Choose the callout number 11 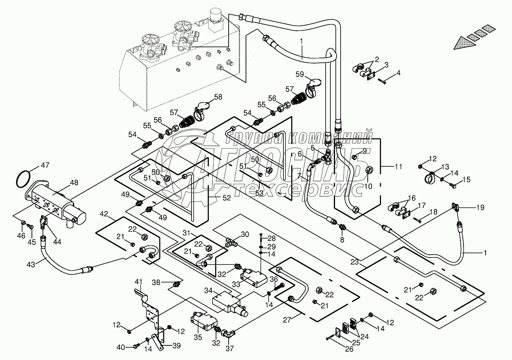[x=398, y=167]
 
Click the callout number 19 [x=480, y=207]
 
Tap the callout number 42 [x=104, y=214]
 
